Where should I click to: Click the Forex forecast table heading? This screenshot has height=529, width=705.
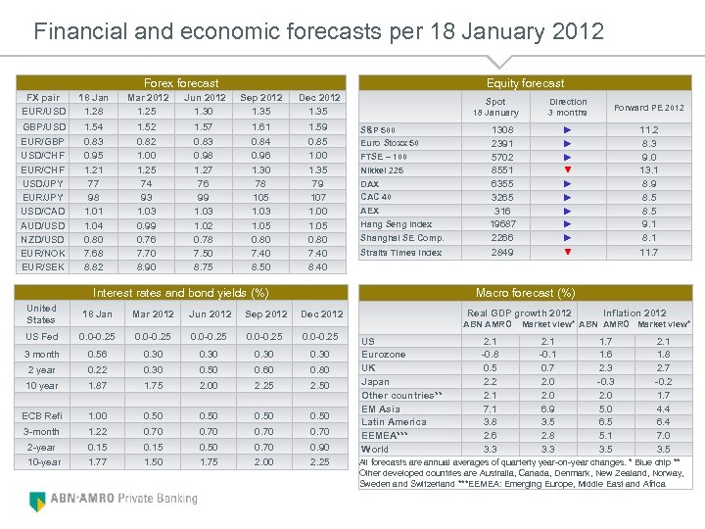tap(181, 83)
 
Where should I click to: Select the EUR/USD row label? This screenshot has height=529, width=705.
tap(44, 112)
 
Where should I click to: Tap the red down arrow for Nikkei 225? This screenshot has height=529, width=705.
tap(568, 169)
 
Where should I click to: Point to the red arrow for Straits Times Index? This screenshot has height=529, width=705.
tap(568, 252)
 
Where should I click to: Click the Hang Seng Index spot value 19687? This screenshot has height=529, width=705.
tap(501, 224)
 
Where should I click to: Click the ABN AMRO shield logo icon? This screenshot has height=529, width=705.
tap(38, 500)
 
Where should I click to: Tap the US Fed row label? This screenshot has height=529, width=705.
tap(42, 337)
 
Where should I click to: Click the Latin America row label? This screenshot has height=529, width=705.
tap(394, 422)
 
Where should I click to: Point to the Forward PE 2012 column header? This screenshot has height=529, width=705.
tap(648, 108)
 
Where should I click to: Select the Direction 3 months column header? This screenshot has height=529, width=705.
tap(568, 107)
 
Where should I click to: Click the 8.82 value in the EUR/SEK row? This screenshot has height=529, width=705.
tap(94, 266)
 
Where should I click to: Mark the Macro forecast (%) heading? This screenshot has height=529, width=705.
tap(525, 293)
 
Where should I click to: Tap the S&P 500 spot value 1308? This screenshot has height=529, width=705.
tap(501, 129)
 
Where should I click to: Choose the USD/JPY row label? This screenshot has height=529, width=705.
tap(44, 182)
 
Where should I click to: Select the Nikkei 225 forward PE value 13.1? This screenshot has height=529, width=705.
tap(648, 169)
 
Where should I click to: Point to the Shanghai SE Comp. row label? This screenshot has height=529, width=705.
tap(402, 238)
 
